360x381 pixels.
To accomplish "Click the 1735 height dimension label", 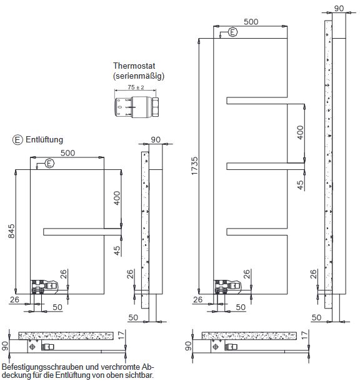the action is pos(195,166).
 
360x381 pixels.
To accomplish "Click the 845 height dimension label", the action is pos(11,231).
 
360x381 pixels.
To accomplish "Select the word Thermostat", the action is pos(134,66).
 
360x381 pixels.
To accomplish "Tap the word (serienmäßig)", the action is pos(139,76).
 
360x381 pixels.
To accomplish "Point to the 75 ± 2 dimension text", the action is pos(136,87).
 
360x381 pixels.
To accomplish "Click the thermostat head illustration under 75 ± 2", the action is pos(136,107).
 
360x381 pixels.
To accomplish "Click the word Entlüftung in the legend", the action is pos(44,140).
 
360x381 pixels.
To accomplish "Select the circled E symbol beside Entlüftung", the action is pos(17,140).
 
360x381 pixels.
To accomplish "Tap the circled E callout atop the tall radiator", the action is pos(232,32).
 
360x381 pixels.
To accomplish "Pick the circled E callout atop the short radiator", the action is pos(49,163).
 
